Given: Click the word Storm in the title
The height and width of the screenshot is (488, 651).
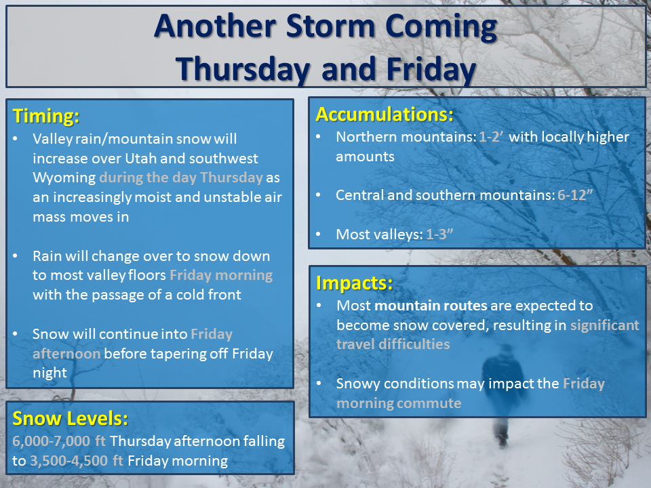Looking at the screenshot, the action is pyautogui.click(x=331, y=26).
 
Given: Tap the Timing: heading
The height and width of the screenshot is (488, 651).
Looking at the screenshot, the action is pyautogui.click(x=45, y=116).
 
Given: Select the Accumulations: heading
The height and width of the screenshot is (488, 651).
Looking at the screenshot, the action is pyautogui.click(x=384, y=114).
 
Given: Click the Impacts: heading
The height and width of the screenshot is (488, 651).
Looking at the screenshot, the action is pyautogui.click(x=354, y=283).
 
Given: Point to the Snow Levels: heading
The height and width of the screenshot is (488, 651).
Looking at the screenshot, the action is pyautogui.click(x=70, y=418).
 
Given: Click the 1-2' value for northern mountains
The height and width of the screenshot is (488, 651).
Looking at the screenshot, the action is pyautogui.click(x=491, y=137).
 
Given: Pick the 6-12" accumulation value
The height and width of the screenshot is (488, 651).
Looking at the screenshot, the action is pyautogui.click(x=575, y=195).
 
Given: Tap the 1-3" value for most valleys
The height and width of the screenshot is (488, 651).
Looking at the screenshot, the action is pyautogui.click(x=439, y=234).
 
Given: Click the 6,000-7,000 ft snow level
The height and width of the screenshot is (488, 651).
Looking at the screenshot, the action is pyautogui.click(x=59, y=441).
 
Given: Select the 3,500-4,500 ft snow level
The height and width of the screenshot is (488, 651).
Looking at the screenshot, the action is pyautogui.click(x=77, y=461).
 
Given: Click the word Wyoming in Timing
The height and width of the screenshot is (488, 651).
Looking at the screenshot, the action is pyautogui.click(x=64, y=178).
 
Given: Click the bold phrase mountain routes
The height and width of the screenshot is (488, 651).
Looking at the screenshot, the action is pyautogui.click(x=431, y=306).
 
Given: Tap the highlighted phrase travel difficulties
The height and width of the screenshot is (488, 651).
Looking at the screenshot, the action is pyautogui.click(x=393, y=344).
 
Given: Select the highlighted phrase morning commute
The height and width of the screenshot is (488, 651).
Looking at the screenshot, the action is pyautogui.click(x=399, y=403).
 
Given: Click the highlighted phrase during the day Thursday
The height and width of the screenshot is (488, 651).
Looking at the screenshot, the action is pyautogui.click(x=181, y=178).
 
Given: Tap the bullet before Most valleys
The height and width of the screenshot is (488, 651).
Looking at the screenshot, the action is pyautogui.click(x=318, y=234).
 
